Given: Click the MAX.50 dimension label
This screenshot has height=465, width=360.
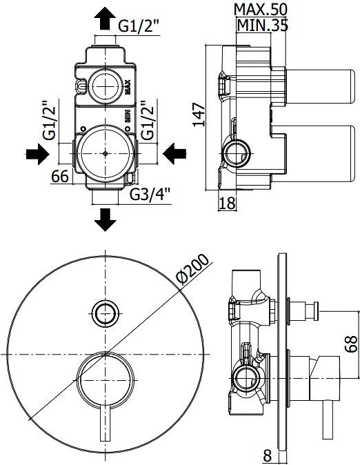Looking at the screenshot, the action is (x=261, y=10).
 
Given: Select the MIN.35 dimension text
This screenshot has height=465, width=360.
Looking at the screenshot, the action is (x=263, y=26).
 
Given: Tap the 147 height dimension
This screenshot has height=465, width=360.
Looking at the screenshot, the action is (x=199, y=115).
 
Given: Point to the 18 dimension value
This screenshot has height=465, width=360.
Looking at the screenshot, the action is (x=228, y=203).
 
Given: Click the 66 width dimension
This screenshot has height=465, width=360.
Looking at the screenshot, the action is (x=60, y=177).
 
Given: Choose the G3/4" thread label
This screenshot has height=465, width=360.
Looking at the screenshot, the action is (x=150, y=195).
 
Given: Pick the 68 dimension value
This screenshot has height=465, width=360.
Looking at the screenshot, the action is (x=352, y=344).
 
